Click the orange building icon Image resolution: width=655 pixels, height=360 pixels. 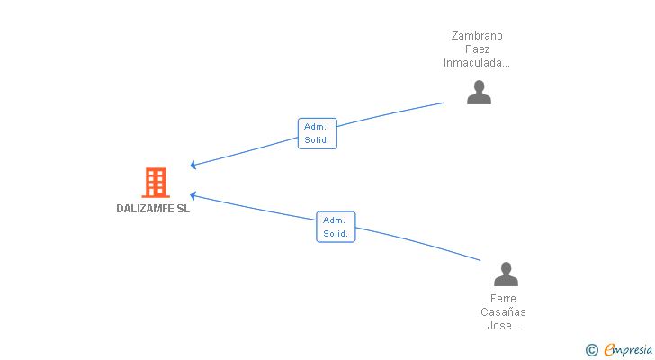(x=156, y=183)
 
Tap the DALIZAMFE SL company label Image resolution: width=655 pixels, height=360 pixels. (x=153, y=209)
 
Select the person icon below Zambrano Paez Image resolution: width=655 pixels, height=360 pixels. (x=479, y=92)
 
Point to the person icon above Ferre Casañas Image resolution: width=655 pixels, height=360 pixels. (x=506, y=274)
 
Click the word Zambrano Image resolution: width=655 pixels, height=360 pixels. (x=477, y=36)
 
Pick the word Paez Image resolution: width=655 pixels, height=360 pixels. (x=477, y=49)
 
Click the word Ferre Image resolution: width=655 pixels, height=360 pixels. (x=503, y=299)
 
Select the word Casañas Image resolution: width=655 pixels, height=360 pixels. (x=503, y=312)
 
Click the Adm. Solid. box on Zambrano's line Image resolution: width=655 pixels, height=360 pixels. (x=318, y=133)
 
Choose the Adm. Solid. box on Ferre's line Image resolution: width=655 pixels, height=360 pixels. (x=336, y=227)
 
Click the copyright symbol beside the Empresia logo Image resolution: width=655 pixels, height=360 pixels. (x=591, y=350)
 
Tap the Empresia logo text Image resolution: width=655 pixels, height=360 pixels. (x=628, y=350)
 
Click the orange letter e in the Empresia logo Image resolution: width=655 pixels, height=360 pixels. (x=610, y=350)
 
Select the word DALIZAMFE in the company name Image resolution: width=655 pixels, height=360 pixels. (x=145, y=209)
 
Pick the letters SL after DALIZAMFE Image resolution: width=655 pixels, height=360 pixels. (x=184, y=209)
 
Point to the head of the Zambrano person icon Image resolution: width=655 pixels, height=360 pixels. (x=480, y=86)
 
